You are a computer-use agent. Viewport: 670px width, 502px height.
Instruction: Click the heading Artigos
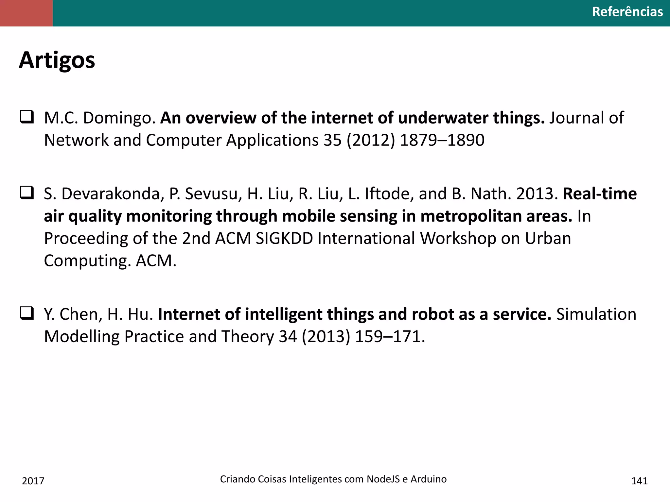click(57, 60)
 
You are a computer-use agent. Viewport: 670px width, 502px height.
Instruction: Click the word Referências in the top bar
click(627, 12)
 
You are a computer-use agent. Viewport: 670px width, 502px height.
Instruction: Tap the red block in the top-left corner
click(26, 13)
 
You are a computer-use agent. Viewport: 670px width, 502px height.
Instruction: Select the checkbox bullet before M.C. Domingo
click(27, 117)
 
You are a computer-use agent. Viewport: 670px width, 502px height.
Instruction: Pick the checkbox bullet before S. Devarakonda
click(27, 193)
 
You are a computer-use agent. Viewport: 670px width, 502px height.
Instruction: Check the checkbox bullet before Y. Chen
click(27, 313)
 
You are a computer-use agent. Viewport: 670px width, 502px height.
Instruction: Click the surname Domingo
click(119, 118)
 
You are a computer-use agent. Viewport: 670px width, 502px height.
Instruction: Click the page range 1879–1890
click(442, 140)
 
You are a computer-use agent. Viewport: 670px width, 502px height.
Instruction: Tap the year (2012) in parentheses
click(371, 140)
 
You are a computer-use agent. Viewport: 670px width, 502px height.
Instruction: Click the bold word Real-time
click(600, 194)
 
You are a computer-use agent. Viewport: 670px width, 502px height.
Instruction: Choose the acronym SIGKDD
click(284, 238)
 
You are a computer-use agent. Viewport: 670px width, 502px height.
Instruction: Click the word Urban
click(548, 238)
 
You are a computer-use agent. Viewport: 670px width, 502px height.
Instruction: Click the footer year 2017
click(33, 481)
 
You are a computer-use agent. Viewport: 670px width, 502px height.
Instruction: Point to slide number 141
click(639, 481)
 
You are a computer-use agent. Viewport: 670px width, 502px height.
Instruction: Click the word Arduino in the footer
click(429, 479)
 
